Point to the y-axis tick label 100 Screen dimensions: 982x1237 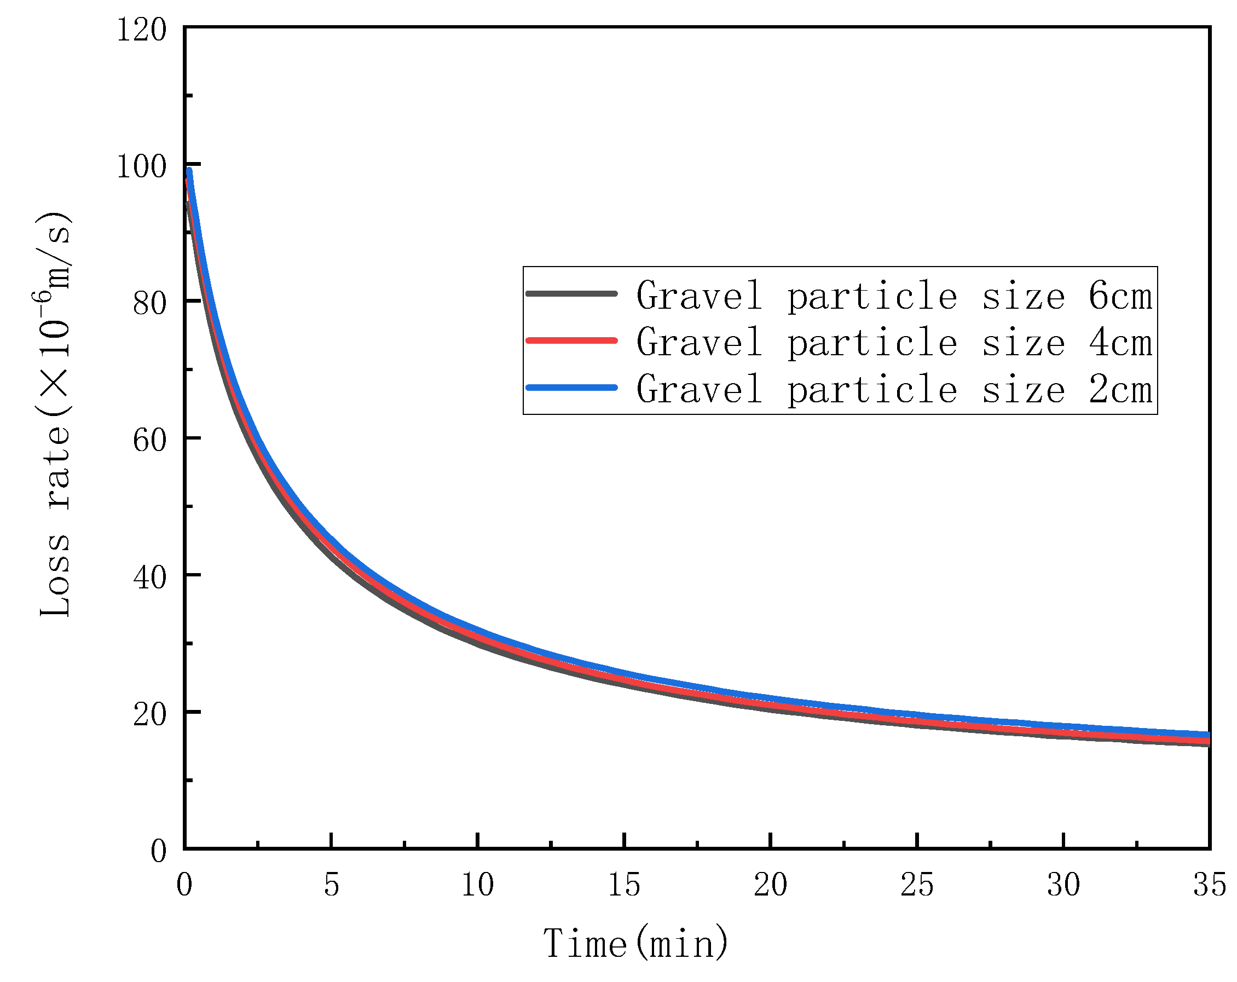(142, 167)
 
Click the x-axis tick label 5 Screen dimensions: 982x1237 (332, 885)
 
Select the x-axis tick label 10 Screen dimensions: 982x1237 (478, 885)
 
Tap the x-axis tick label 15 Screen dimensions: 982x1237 (624, 885)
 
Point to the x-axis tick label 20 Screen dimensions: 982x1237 (771, 885)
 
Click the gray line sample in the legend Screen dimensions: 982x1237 (572, 294)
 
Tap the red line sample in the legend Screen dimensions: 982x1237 (572, 341)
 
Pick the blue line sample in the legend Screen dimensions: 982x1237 (572, 388)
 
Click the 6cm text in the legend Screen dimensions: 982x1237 (1120, 297)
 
